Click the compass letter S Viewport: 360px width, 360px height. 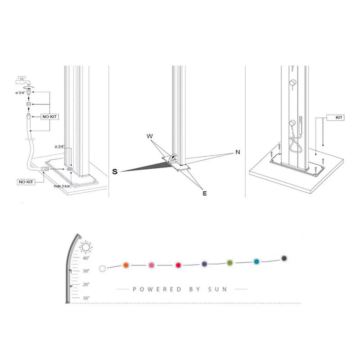pos(115,171)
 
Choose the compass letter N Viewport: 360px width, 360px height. pos(237,152)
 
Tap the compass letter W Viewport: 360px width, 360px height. pos(149,135)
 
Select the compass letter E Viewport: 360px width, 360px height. pos(204,193)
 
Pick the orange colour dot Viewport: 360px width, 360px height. pos(126,265)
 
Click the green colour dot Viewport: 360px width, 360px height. pos(230,262)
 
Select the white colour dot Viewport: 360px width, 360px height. pos(103,268)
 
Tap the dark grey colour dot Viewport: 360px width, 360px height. pos(284,258)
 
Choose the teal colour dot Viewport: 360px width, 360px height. pos(256,261)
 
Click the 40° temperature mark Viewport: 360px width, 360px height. pos(85,258)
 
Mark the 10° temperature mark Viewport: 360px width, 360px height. pos(86,298)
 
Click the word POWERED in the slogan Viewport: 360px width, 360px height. pos(152,289)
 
